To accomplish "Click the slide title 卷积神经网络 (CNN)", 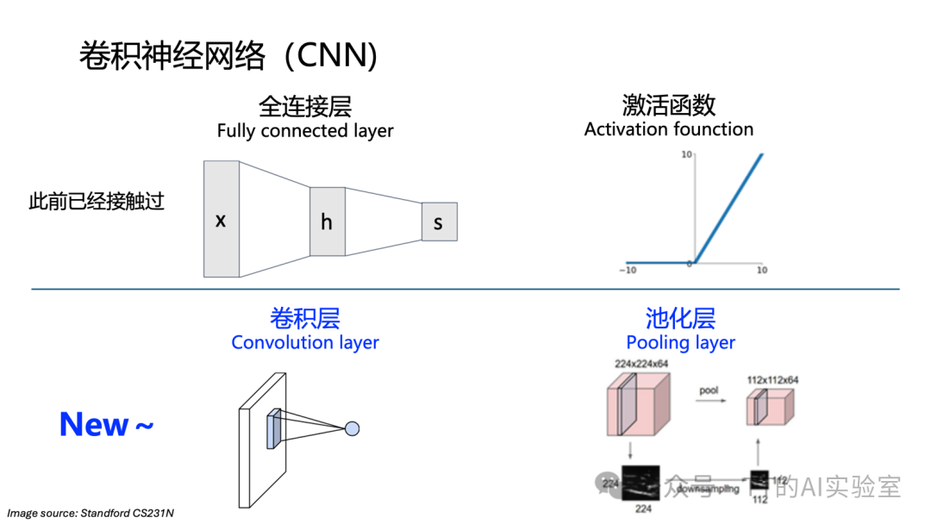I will point(228,55).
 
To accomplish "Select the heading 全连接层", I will point(304,106).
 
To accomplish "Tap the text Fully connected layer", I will point(304,131).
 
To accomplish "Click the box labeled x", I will point(221,219).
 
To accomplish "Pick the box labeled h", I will point(327,221).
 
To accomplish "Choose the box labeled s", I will point(439,222).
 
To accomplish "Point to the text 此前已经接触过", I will point(97,203).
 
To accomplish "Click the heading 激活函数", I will point(668,105).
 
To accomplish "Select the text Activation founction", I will point(668,129).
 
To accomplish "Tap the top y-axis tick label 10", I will point(687,155).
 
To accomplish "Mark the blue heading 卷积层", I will point(304,318).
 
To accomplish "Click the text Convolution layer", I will point(304,342).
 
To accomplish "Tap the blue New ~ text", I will point(106,424).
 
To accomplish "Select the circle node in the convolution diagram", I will point(352,428).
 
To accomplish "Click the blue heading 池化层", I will point(680,318).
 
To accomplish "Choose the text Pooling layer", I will point(680,342).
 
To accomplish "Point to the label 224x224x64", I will point(641,364).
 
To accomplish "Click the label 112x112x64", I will point(772,379).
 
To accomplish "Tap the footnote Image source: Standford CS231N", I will point(91,514).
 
